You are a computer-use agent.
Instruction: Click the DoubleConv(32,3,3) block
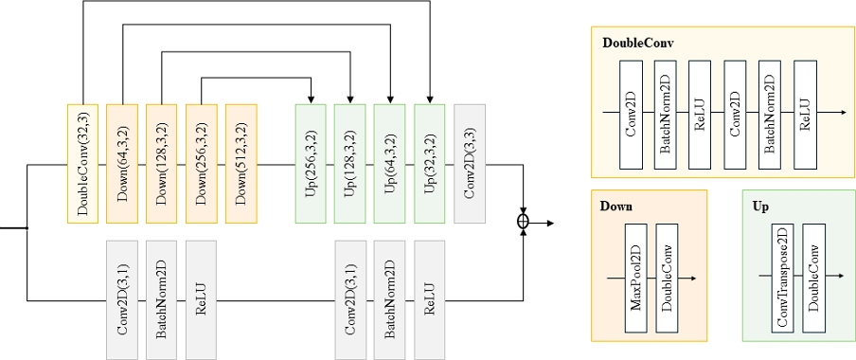click(83, 164)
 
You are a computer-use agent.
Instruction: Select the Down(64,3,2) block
click(123, 164)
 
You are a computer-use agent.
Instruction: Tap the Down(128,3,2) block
click(162, 164)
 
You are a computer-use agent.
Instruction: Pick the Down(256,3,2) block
click(202, 164)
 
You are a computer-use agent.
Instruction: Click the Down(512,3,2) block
click(241, 164)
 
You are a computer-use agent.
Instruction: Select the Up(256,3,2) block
click(312, 164)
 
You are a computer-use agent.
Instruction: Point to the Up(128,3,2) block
click(351, 164)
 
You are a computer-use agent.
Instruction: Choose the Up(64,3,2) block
click(391, 164)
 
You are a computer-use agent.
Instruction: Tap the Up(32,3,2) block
click(431, 164)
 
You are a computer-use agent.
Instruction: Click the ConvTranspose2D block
click(782, 278)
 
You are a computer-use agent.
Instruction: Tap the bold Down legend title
click(616, 206)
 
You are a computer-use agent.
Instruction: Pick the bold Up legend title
click(760, 206)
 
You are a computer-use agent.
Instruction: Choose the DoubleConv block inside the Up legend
click(814, 278)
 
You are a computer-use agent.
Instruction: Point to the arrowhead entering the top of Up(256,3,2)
click(312, 99)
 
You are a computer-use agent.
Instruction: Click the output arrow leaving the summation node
click(544, 223)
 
